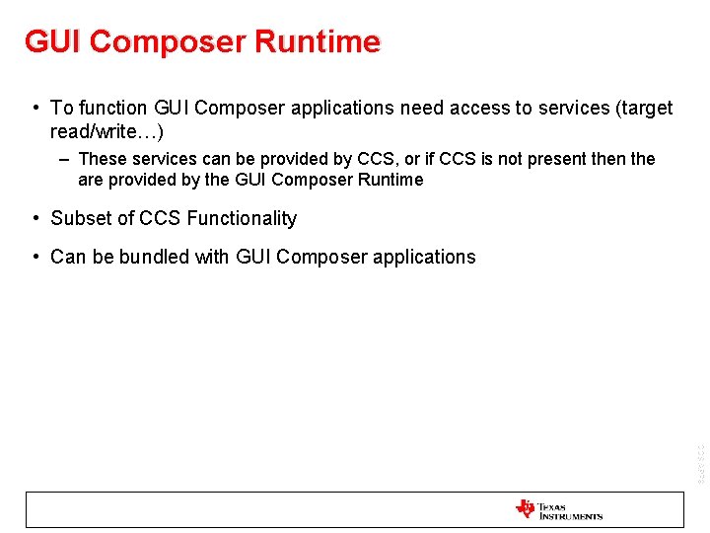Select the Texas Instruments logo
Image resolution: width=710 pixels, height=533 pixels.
click(558, 509)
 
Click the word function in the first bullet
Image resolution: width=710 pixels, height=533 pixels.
click(112, 108)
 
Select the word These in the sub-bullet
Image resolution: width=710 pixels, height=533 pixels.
click(103, 159)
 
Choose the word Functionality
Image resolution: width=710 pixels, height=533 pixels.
click(241, 218)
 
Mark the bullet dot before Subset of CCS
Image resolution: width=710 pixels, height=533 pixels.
click(35, 218)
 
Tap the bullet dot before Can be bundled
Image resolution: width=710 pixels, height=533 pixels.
click(35, 257)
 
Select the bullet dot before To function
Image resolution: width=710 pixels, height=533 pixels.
click(35, 108)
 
